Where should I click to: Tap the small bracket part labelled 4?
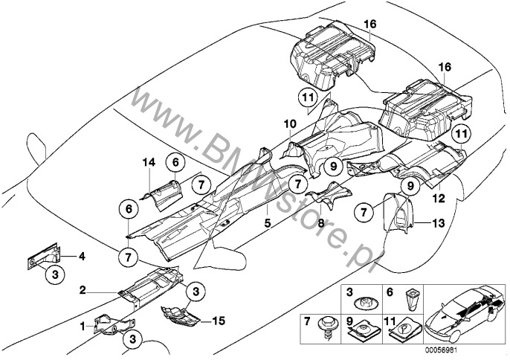pyautogui.click(x=45, y=257)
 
